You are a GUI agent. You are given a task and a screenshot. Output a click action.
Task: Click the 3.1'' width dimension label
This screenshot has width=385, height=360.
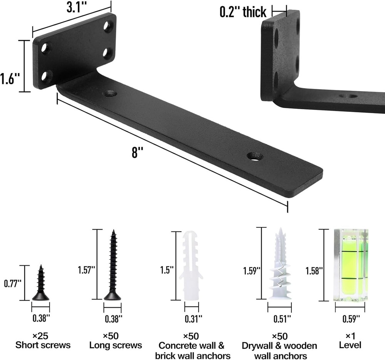(77, 8)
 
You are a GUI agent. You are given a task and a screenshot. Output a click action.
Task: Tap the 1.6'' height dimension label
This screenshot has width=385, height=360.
(10, 79)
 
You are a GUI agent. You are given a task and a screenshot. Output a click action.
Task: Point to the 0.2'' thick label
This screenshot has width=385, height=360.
(243, 12)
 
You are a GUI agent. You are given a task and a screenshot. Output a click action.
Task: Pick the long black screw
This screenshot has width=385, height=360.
(113, 265)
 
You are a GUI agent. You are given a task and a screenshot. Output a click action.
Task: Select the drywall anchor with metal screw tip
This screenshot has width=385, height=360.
(280, 264)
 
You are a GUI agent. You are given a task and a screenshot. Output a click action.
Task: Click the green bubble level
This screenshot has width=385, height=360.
(350, 265)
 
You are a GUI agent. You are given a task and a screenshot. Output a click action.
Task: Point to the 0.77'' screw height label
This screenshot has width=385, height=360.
(13, 284)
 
